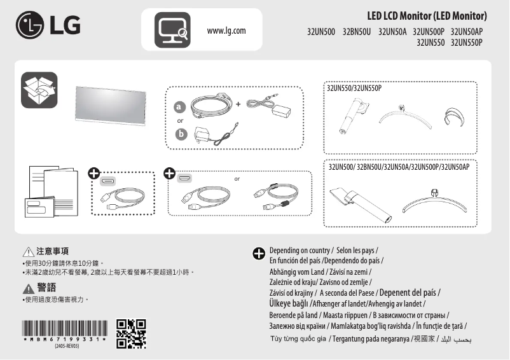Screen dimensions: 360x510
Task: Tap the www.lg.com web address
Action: pos(226,31)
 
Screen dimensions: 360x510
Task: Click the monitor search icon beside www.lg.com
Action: pos(172,30)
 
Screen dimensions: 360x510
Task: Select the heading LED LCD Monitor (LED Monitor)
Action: pos(427,15)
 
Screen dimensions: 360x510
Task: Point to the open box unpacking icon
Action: pos(39,90)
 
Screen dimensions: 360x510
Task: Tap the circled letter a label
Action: pos(180,106)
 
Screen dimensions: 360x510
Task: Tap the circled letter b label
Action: pos(181,134)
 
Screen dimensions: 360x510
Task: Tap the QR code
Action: pos(131,334)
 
